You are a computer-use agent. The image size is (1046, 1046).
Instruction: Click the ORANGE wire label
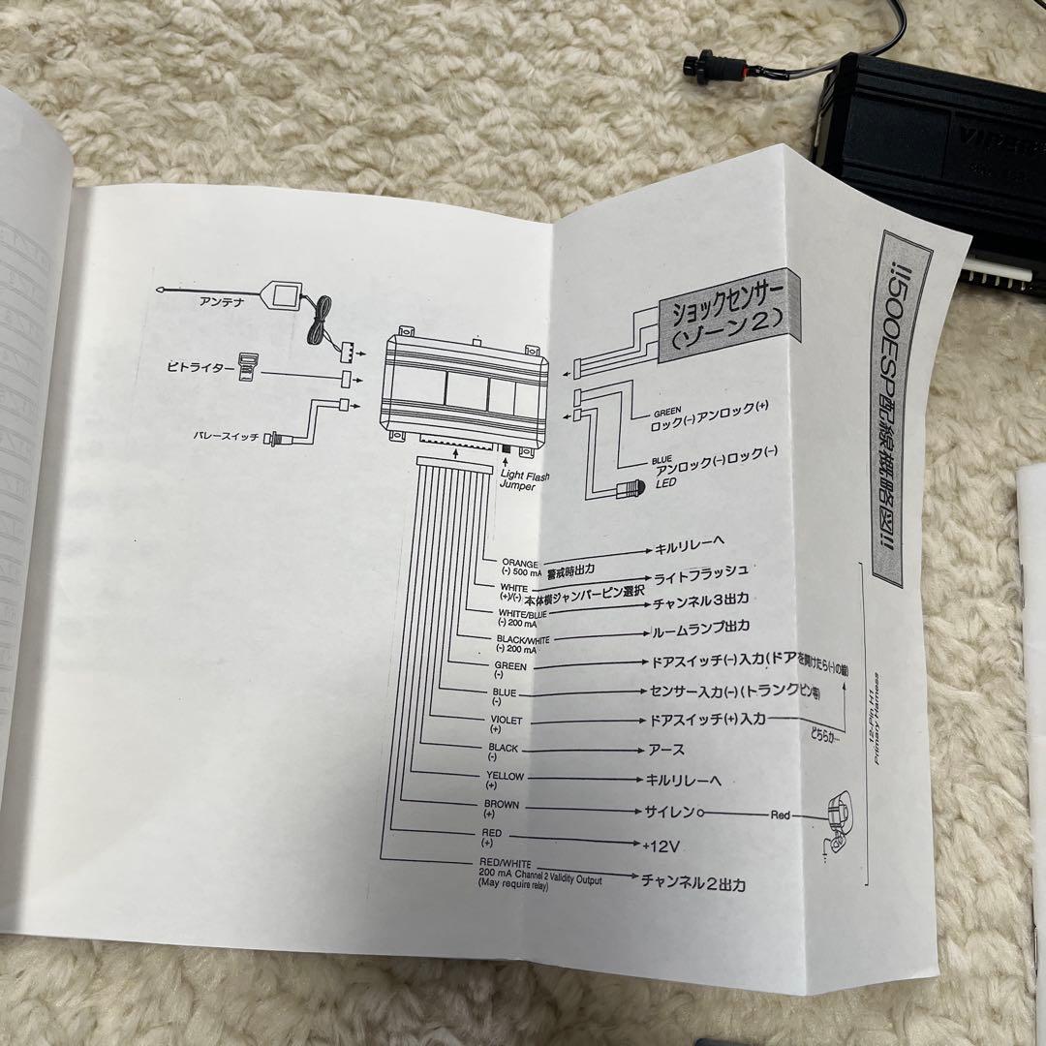tap(521, 563)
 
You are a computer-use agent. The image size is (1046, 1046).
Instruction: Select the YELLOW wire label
tap(505, 776)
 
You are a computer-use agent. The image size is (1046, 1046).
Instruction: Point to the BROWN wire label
tap(502, 804)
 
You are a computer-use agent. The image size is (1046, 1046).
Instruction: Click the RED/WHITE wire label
tap(505, 861)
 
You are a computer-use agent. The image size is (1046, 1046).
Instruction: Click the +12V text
tap(661, 846)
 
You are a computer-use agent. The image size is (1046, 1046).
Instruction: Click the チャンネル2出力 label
tap(692, 882)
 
